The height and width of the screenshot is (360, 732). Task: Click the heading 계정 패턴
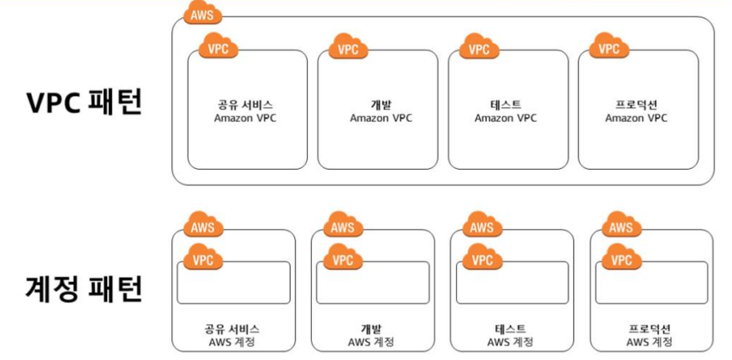(x=84, y=289)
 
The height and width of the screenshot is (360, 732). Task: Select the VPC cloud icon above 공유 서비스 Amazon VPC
(x=218, y=48)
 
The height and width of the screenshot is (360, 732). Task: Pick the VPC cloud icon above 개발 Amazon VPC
(x=347, y=48)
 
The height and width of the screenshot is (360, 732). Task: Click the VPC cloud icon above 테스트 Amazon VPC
(x=478, y=48)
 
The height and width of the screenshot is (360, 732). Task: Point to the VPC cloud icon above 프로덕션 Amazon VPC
(x=608, y=48)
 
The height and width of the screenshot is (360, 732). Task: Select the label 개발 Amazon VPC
(x=381, y=111)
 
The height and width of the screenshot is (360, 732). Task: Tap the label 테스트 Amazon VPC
(x=506, y=111)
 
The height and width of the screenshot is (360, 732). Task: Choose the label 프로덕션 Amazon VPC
(x=636, y=111)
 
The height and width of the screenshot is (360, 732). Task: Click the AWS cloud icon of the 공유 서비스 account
(x=203, y=226)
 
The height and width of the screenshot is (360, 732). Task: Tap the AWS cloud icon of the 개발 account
(x=342, y=226)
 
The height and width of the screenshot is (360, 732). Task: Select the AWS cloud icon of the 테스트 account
(x=482, y=226)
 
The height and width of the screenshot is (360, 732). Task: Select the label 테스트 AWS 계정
(x=509, y=335)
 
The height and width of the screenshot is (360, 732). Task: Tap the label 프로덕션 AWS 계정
(x=649, y=335)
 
